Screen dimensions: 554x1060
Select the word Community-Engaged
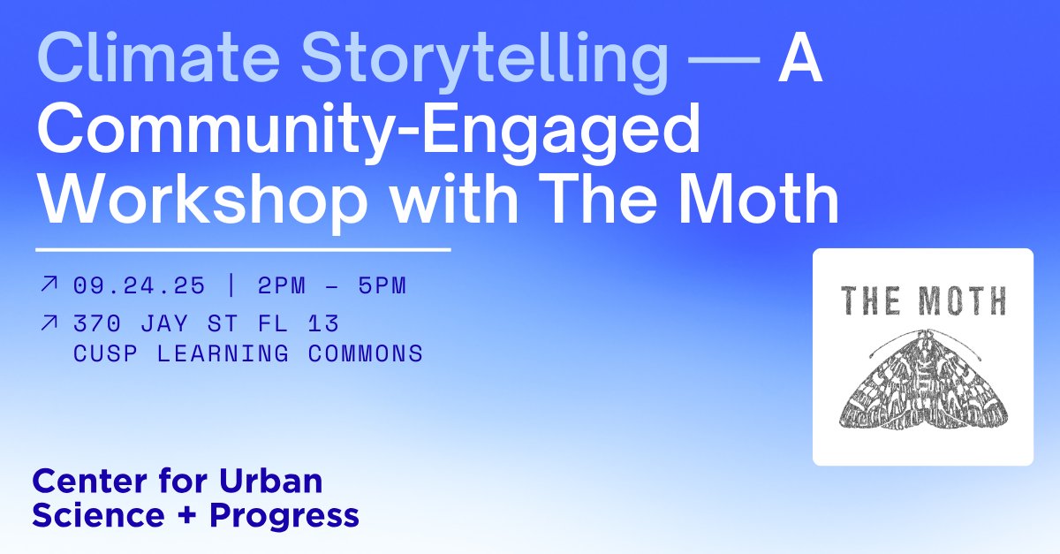click(368, 130)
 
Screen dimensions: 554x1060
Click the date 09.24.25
click(140, 286)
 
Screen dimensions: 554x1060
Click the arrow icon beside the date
click(49, 285)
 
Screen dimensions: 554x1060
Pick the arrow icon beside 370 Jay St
click(49, 323)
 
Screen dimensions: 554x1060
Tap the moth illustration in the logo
click(922, 381)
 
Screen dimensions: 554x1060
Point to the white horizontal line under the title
click(243, 250)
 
